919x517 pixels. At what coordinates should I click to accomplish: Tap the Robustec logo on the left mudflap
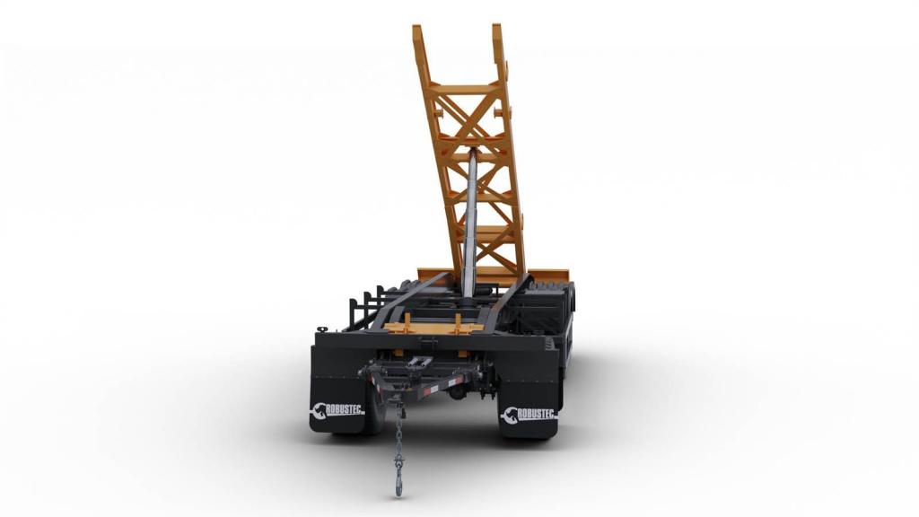coord(337,410)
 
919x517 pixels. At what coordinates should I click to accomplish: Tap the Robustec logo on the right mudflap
coord(528,415)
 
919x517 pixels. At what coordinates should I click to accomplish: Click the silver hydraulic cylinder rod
coord(470,223)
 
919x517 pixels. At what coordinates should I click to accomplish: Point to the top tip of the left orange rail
coord(417,26)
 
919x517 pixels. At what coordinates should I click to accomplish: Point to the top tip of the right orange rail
coord(496,26)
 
